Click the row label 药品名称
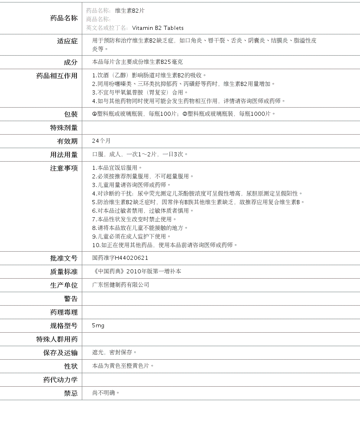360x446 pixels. coord(63,18)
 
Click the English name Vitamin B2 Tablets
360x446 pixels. coord(157,28)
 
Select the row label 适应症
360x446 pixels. coord(67,41)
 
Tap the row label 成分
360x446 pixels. coord(70,62)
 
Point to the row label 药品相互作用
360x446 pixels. coord(57,76)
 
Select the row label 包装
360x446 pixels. coord(70,114)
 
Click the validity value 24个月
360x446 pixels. coord(101,141)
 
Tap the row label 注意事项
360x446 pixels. coord(63,168)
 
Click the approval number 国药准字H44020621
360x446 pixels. coord(120,258)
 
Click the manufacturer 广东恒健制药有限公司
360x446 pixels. coord(121,285)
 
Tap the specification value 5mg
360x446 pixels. coord(98,326)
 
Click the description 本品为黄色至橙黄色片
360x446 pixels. coord(123,366)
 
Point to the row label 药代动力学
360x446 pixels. coord(60,380)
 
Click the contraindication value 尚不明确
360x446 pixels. coord(106,393)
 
